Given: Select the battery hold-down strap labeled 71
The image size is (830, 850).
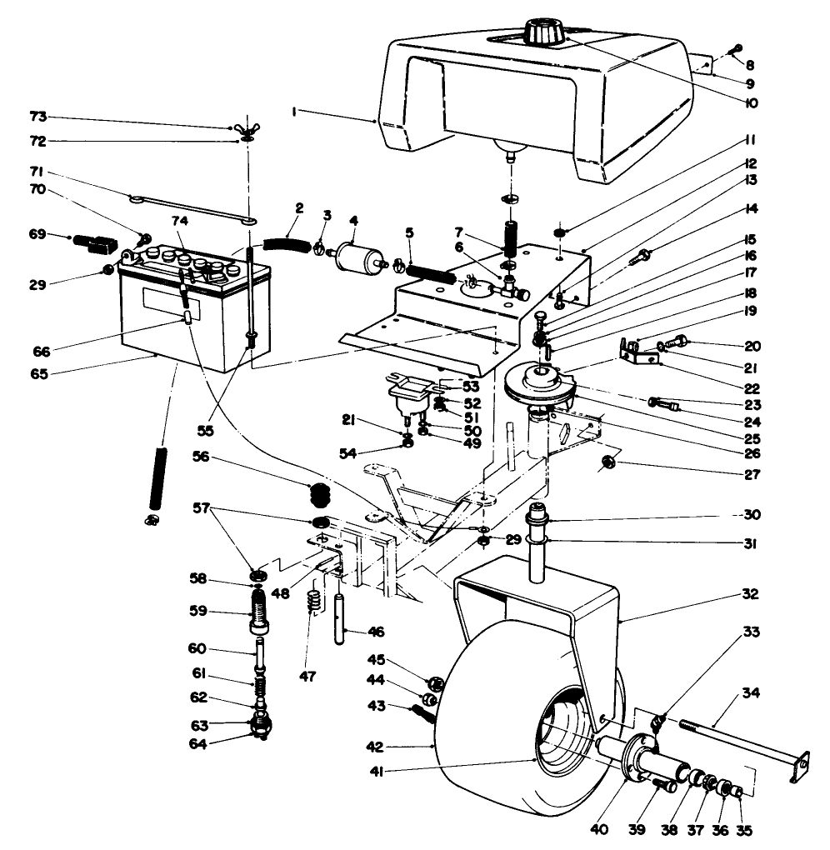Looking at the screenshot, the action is coord(192,210).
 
